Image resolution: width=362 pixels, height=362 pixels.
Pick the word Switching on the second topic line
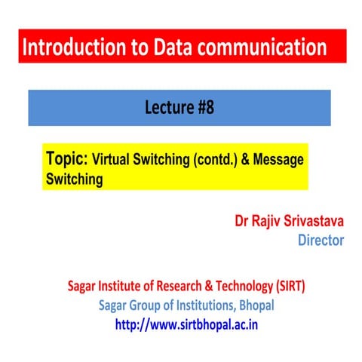point(73,180)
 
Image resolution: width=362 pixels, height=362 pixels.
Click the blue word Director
point(321,241)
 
